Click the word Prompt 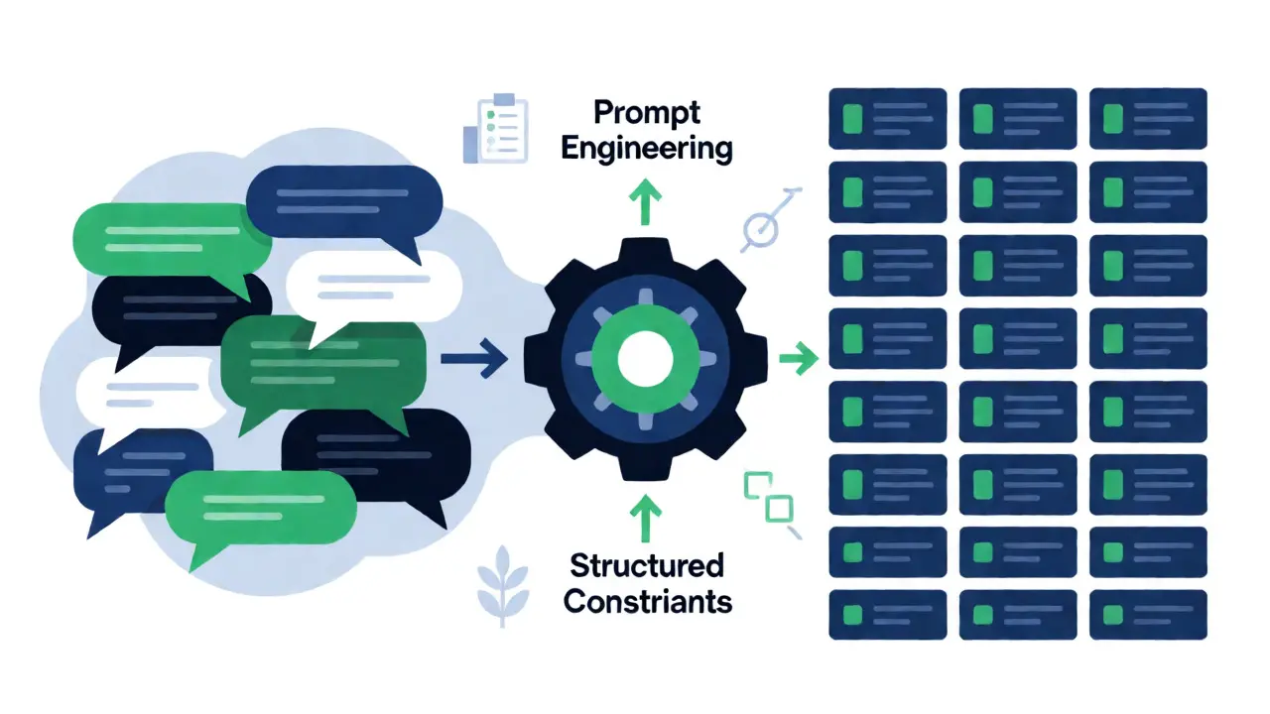click(647, 112)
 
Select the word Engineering click(647, 149)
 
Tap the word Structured click(647, 565)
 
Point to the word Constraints click(648, 601)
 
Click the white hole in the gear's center click(645, 359)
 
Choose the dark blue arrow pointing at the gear click(474, 358)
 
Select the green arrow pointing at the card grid click(799, 358)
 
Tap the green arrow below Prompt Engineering click(645, 202)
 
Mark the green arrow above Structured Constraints click(645, 519)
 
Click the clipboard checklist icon click(496, 129)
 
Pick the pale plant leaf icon click(502, 586)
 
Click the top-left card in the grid click(887, 118)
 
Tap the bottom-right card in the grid click(1148, 615)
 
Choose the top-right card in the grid click(1148, 118)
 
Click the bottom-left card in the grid click(887, 615)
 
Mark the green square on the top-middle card click(982, 118)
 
